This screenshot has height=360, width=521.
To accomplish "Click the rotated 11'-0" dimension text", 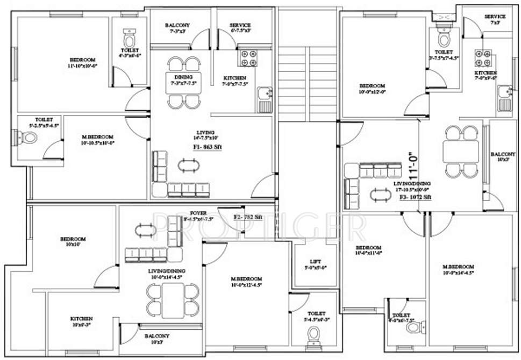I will [x=413, y=166].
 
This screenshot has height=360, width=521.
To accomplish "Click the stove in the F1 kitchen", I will [x=247, y=57].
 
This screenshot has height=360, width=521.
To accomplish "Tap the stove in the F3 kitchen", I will [x=484, y=58].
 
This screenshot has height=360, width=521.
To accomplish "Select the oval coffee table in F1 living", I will [x=188, y=164].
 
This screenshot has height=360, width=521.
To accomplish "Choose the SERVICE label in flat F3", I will [x=494, y=17].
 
